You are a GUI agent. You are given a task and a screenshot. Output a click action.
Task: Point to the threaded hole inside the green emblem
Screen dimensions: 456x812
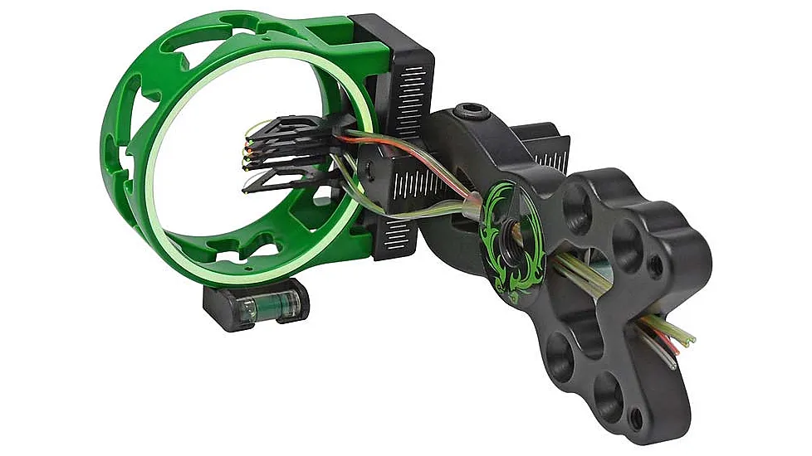click(x=505, y=231)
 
